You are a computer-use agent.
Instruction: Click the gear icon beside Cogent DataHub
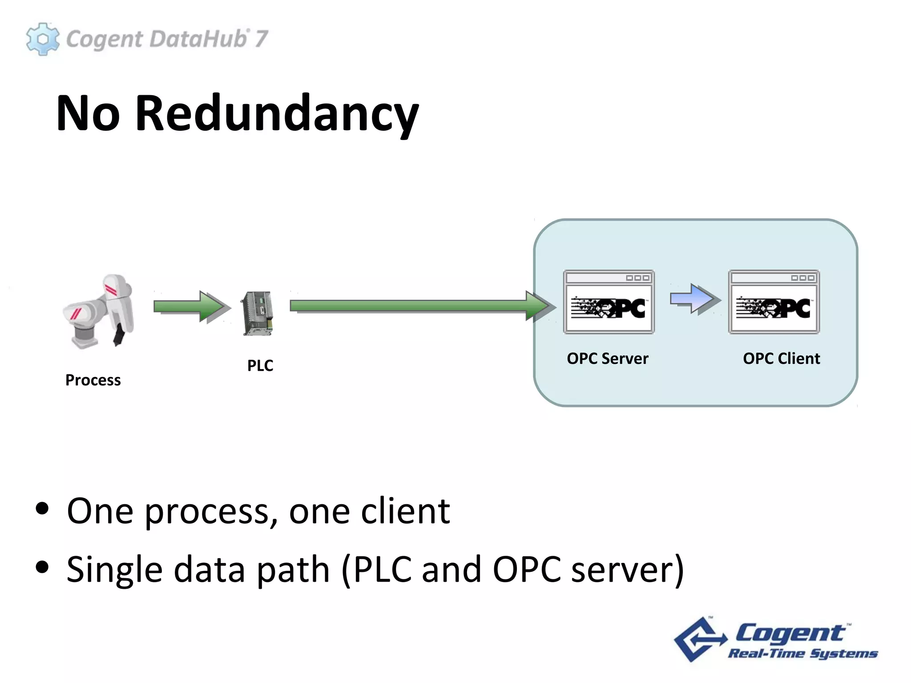tap(43, 39)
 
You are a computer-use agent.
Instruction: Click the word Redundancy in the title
tap(277, 114)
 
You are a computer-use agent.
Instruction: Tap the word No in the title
tap(88, 114)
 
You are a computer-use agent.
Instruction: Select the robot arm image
tap(100, 311)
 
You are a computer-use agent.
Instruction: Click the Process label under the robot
tap(93, 380)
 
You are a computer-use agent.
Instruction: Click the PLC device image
tap(258, 313)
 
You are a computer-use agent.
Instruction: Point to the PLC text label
tap(260, 366)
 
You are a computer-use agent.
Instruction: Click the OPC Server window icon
tap(609, 302)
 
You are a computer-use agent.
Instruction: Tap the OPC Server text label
tap(608, 358)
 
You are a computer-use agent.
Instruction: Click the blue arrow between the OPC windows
tap(694, 299)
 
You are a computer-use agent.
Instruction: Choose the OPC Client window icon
tap(774, 302)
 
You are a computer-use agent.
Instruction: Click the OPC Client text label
tap(782, 358)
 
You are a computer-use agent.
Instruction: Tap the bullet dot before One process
tap(42, 509)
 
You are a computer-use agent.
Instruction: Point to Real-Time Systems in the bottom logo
tap(802, 654)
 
